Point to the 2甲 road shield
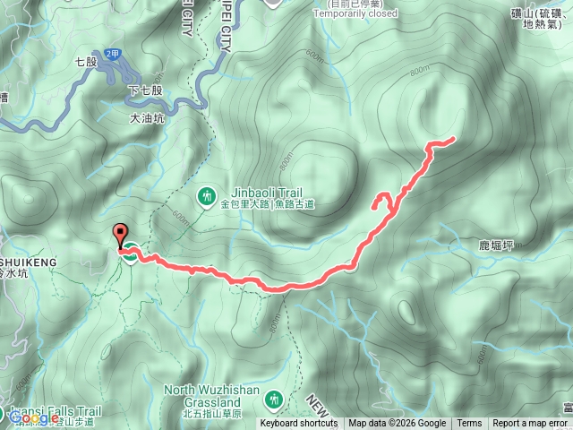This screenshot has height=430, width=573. pyautogui.click(x=112, y=54)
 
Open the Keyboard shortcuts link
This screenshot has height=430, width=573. pyautogui.click(x=299, y=424)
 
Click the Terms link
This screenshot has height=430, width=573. pyautogui.click(x=469, y=424)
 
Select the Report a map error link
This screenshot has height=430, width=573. pyautogui.click(x=531, y=424)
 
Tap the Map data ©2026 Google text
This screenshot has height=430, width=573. pyautogui.click(x=397, y=424)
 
